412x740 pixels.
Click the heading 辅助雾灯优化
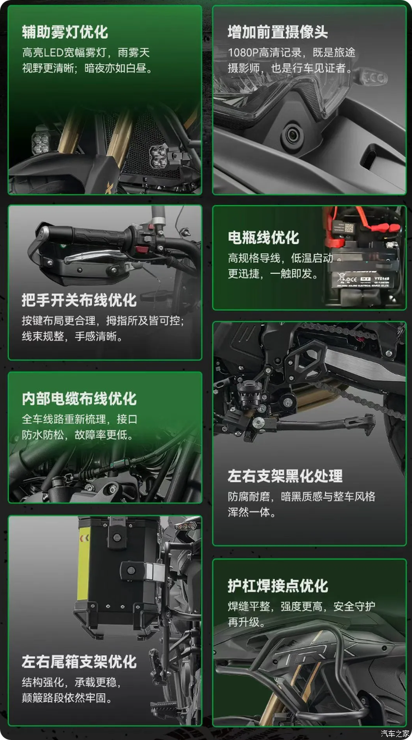click(65, 32)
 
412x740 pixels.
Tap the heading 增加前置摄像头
click(278, 32)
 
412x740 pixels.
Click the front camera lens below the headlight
click(292, 135)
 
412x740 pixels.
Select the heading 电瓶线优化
click(264, 237)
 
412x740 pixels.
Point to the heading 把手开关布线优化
click(79, 300)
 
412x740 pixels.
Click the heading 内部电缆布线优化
click(79, 399)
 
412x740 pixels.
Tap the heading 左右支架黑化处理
click(285, 476)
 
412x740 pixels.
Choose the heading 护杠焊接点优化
click(278, 586)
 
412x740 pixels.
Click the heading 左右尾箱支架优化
click(79, 661)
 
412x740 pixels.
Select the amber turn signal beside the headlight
click(374, 78)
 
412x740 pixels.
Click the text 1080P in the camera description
click(243, 52)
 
